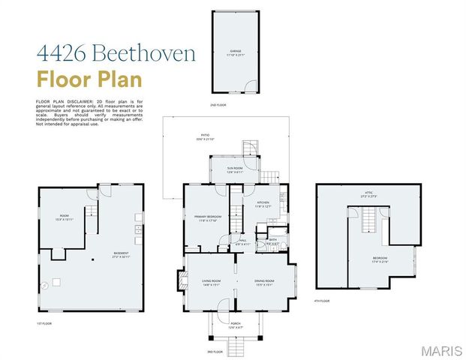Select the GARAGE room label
[233, 52]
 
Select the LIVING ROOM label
[210, 283]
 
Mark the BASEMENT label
[122, 254]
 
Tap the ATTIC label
[368, 194]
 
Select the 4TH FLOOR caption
[323, 300]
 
